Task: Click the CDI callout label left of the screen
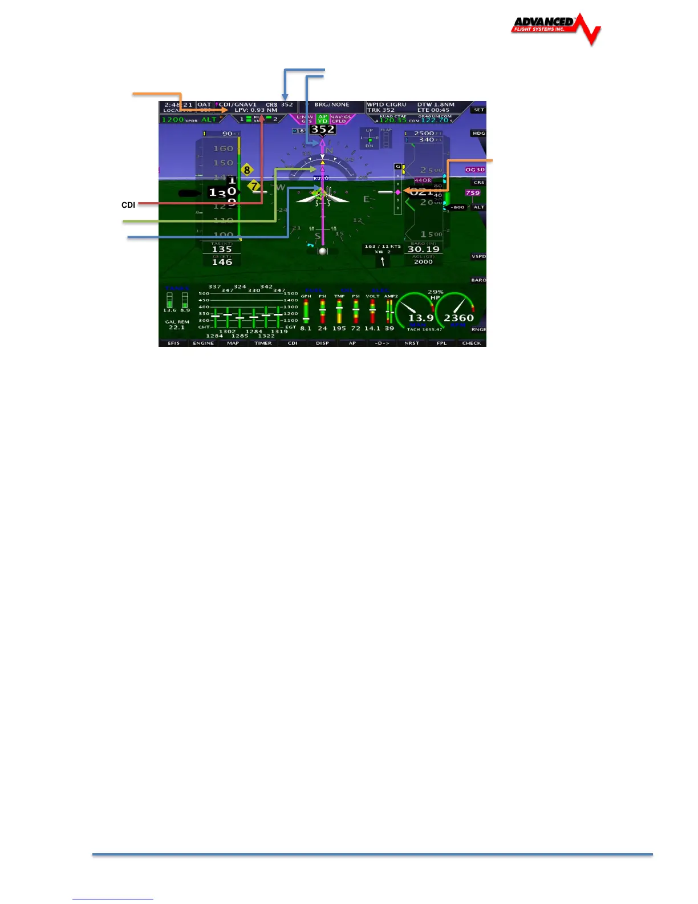[128, 205]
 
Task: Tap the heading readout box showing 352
[322, 130]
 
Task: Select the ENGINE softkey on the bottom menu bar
[203, 343]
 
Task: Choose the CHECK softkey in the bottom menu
[471, 343]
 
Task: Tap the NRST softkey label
[412, 343]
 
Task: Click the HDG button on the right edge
[478, 133]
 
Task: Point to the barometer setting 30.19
[423, 249]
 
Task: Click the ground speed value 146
[222, 261]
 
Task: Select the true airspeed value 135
[222, 249]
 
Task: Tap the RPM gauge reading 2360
[458, 318]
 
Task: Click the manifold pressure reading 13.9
[421, 318]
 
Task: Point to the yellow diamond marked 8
[247, 169]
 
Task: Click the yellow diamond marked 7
[254, 186]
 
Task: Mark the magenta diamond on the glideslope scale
[398, 192]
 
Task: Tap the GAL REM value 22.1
[177, 328]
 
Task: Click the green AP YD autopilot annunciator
[323, 119]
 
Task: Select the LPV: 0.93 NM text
[256, 110]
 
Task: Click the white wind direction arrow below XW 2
[382, 261]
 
